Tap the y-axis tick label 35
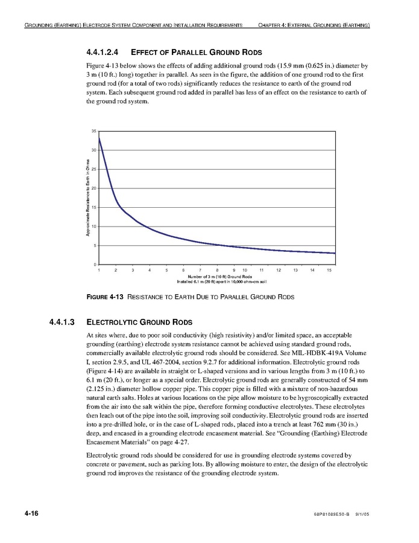[93, 131]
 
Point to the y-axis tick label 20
[93, 188]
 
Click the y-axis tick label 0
[95, 265]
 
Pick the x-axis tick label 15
[329, 271]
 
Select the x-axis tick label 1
[99, 271]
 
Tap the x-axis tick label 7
[200, 271]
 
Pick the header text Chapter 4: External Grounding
[313, 25]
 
